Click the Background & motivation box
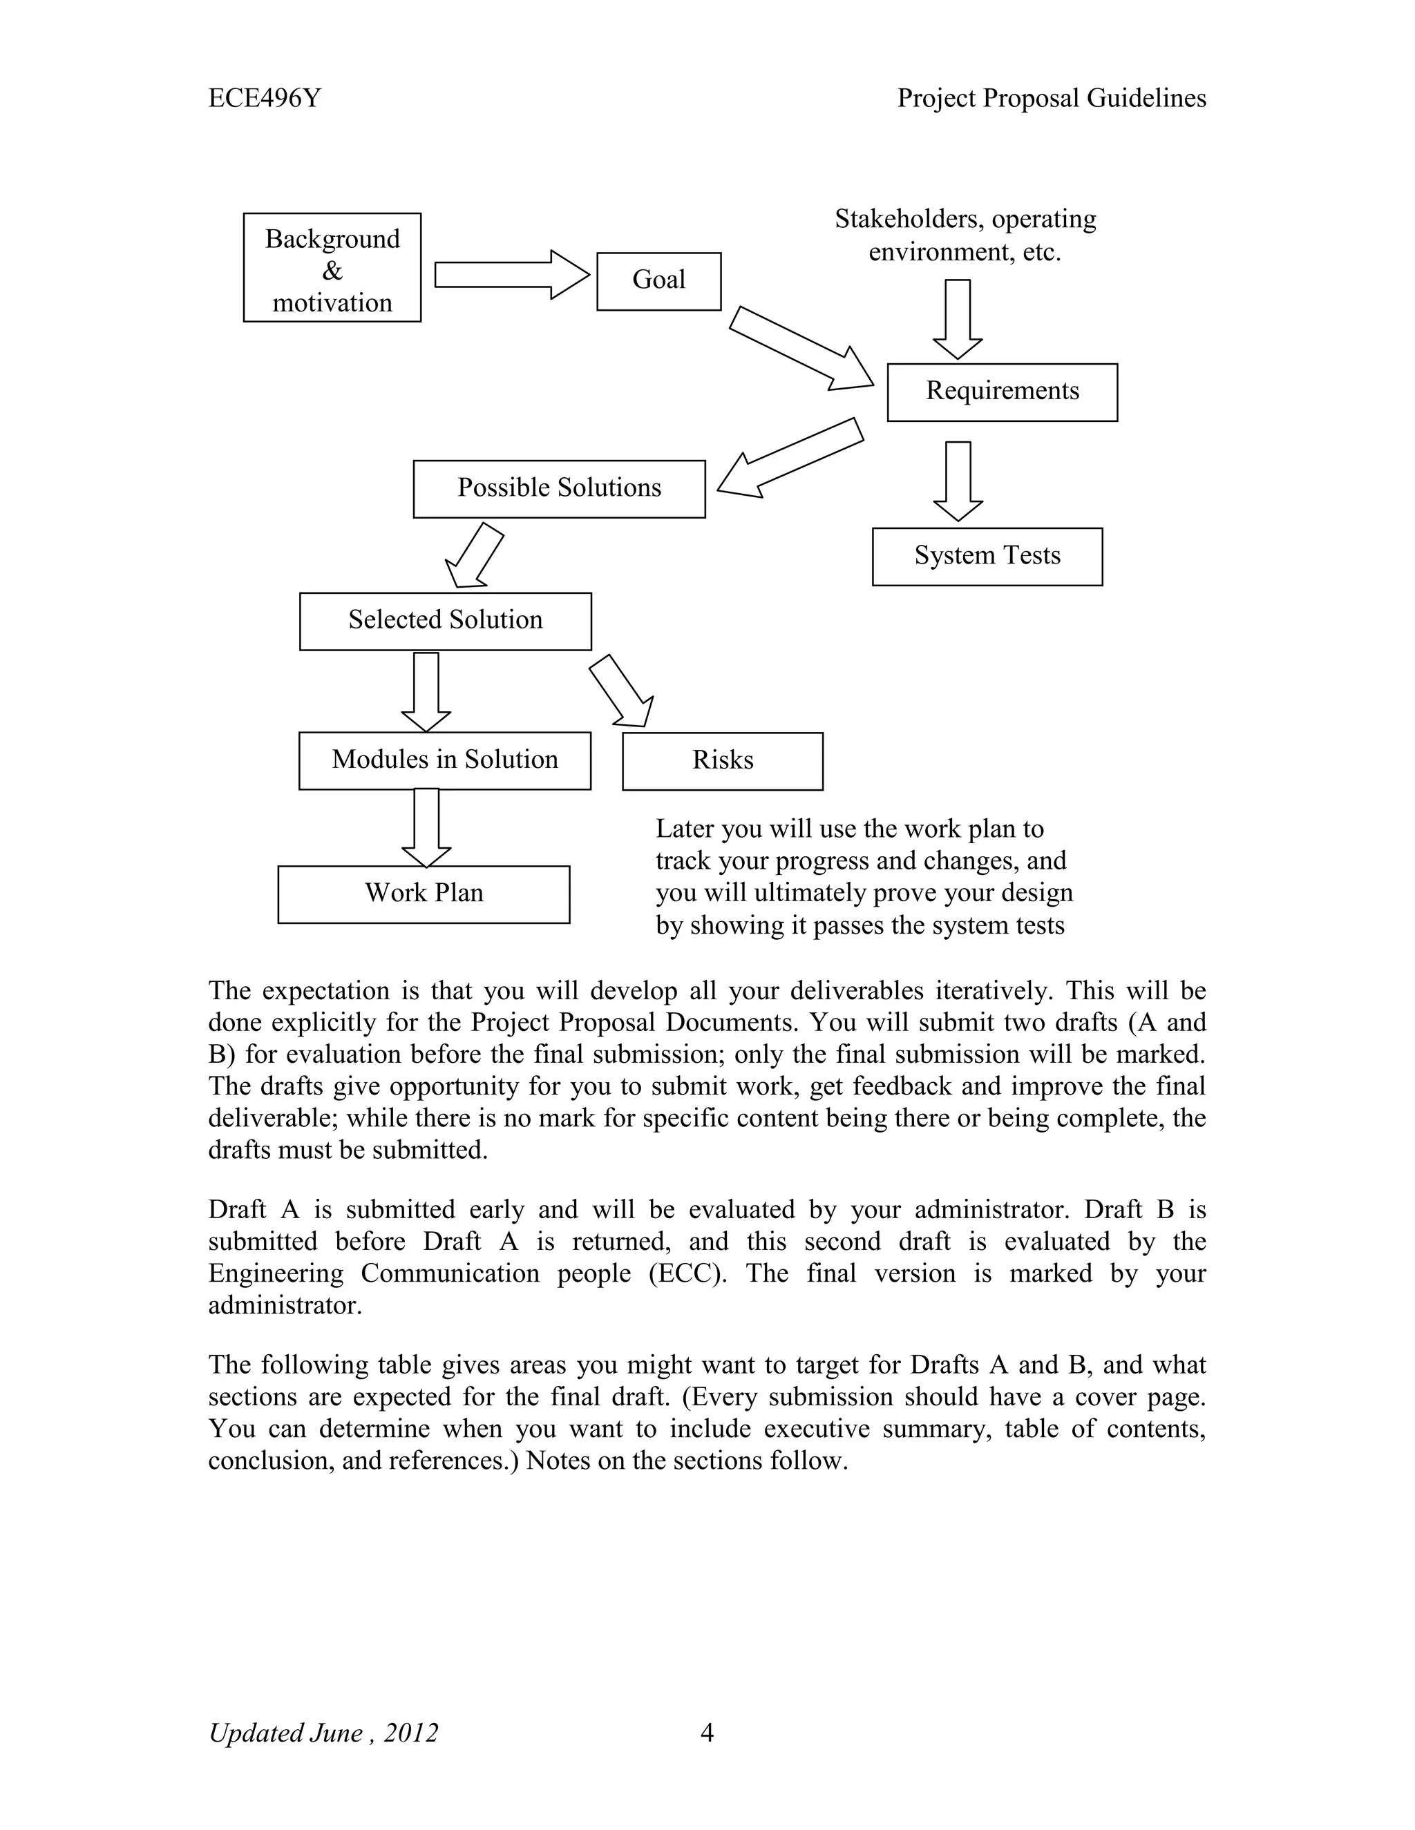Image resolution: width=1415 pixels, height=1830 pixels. point(332,267)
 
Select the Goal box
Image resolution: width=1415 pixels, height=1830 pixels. point(659,282)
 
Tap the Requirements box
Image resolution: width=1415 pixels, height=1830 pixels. point(1002,392)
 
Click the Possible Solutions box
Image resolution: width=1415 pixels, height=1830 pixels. point(559,488)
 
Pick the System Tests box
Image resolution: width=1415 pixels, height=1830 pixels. point(987,557)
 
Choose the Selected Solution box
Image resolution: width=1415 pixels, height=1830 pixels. point(445,621)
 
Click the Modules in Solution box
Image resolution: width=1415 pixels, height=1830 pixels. point(444,760)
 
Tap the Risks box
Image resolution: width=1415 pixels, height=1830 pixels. point(723,761)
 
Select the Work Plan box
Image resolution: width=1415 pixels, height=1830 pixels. point(424,894)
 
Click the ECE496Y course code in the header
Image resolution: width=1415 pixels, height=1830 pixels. point(264,99)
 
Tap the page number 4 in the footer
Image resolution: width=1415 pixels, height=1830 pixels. point(707,1732)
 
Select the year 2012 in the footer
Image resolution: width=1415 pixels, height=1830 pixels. point(411,1732)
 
